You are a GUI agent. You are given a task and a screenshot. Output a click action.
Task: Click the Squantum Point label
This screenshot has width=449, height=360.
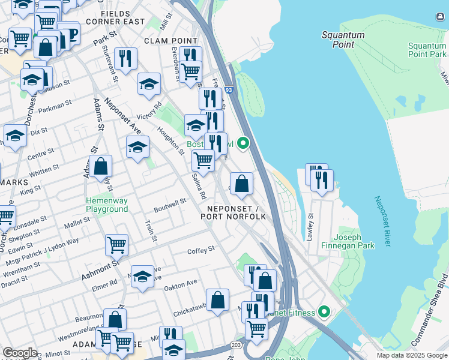pyautogui.click(x=343, y=40)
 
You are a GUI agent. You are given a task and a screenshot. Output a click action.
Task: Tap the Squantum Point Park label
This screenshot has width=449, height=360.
pyautogui.click(x=427, y=50)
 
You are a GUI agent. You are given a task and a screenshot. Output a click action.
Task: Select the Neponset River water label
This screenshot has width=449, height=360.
pyautogui.click(x=382, y=221)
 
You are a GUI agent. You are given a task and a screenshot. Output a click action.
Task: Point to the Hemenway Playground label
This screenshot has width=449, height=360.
pyautogui.click(x=107, y=205)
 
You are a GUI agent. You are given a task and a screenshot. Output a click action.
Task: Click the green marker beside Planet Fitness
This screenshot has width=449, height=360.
pyautogui.click(x=325, y=312)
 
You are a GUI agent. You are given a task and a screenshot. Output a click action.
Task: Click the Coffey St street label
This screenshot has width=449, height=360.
pyautogui.click(x=201, y=250)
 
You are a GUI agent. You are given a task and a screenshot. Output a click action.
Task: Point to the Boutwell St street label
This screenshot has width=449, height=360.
pyautogui.click(x=170, y=203)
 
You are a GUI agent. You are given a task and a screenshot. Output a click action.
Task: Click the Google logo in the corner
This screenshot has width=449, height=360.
pyautogui.click(x=20, y=353)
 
